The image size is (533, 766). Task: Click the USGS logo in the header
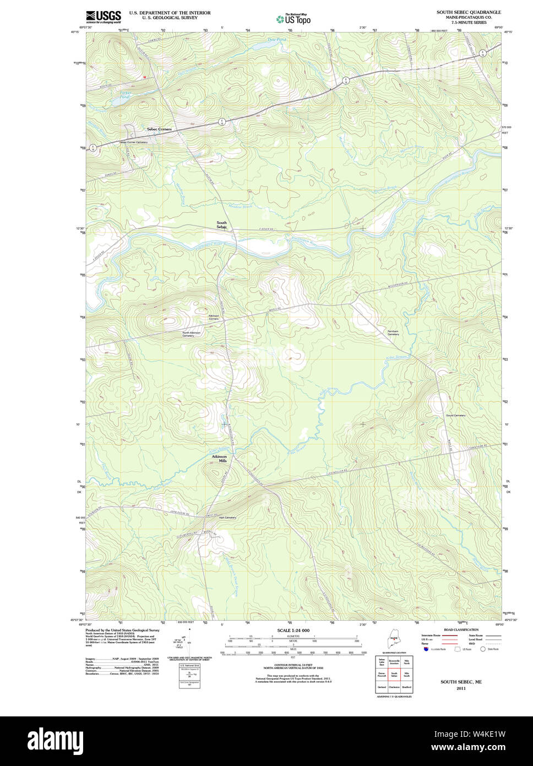[103, 17]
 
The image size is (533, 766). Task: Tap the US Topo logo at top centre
[293, 19]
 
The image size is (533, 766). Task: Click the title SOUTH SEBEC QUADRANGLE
[469, 12]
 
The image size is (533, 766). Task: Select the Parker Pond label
[125, 95]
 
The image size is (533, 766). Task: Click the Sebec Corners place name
[159, 129]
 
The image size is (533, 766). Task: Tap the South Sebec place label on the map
[221, 225]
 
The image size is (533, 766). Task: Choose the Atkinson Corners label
[213, 317]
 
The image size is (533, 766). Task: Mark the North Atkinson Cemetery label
[192, 334]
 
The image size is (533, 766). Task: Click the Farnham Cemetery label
[393, 333]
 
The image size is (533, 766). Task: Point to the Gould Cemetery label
[455, 416]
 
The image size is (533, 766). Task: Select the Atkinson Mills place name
[219, 458]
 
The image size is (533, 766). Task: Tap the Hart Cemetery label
[227, 517]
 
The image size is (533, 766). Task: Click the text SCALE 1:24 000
[293, 630]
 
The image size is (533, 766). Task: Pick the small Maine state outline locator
[393, 641]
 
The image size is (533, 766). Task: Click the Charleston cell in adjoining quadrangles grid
[394, 687]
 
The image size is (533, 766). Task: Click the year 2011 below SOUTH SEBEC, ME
[460, 688]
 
